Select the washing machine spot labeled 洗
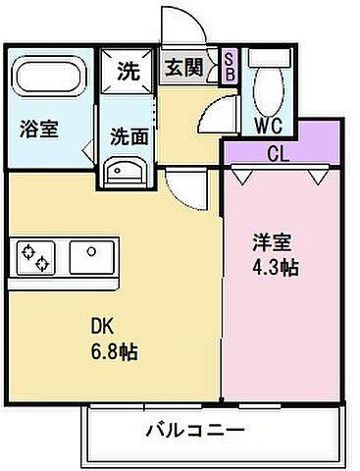click(x=129, y=71)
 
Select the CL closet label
click(x=279, y=153)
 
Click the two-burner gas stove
click(x=35, y=257)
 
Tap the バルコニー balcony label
click(x=194, y=430)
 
